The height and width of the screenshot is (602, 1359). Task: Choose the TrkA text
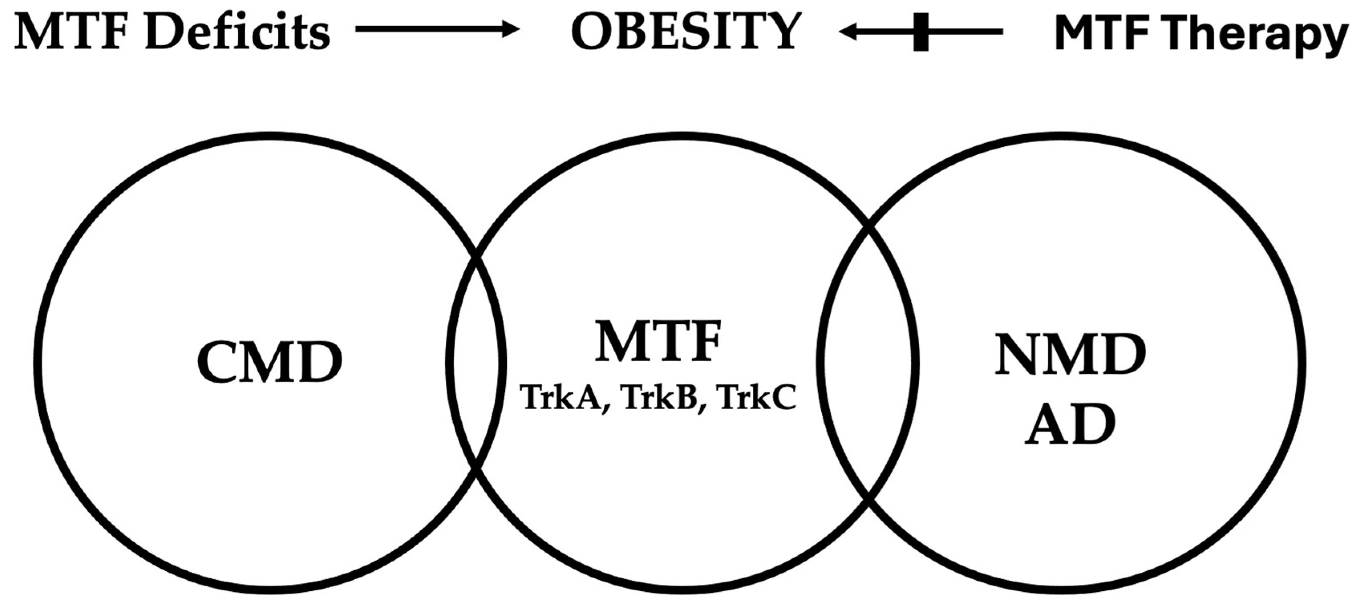click(x=561, y=398)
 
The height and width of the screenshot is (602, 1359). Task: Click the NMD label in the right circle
click(x=1070, y=354)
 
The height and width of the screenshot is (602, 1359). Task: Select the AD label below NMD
click(x=1070, y=425)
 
